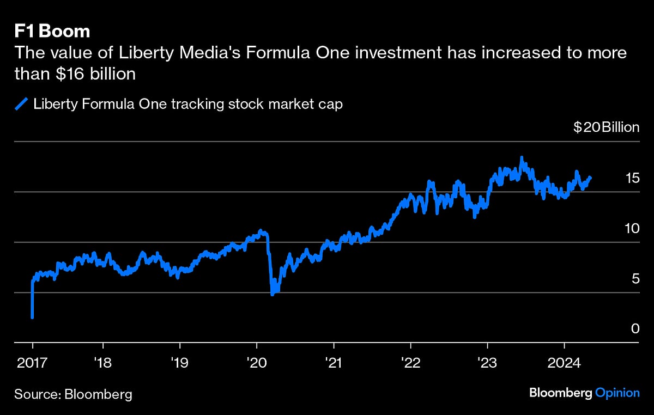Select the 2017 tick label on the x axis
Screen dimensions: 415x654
[x=33, y=362]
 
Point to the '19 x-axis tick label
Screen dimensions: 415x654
[x=179, y=362]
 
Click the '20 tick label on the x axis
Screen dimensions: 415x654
[x=256, y=362]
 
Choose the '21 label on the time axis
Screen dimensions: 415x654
[x=333, y=362]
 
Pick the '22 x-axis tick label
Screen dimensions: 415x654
[x=410, y=362]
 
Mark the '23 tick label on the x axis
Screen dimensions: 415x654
[x=487, y=362]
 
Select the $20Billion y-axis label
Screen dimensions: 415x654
[x=606, y=127]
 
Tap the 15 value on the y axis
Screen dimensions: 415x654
[x=632, y=178]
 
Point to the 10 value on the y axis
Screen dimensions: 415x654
[x=632, y=228]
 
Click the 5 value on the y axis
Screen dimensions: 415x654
[x=635, y=279]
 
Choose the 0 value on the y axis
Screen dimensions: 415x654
[x=635, y=329]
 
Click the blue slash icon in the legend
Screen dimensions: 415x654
[x=21, y=103]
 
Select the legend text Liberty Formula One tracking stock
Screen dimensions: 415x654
[x=188, y=103]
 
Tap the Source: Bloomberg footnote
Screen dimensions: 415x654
[x=74, y=394]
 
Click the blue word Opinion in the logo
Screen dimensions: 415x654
[x=617, y=393]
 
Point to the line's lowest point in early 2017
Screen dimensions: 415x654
[x=33, y=317]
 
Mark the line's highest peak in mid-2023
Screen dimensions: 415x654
[x=522, y=158]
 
